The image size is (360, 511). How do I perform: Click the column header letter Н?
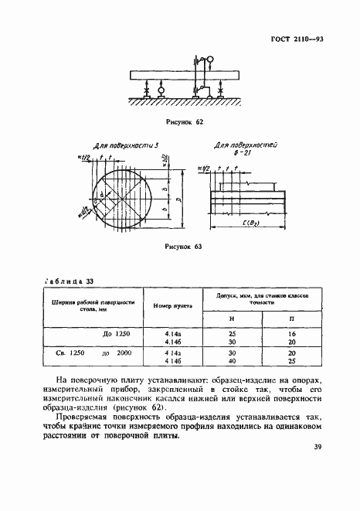click(233, 318)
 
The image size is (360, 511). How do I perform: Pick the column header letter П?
click(292, 318)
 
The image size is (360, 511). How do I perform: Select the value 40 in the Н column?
click(233, 359)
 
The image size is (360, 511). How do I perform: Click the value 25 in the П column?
click(292, 359)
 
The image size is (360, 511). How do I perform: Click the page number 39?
click(318, 468)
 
